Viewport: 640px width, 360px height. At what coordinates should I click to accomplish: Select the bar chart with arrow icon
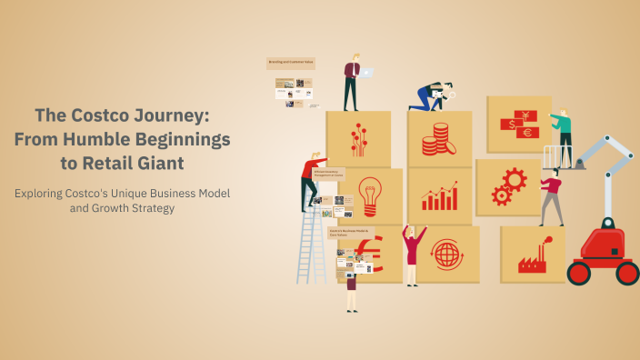[x=439, y=195]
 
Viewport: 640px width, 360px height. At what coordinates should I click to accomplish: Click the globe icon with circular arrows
[x=446, y=254]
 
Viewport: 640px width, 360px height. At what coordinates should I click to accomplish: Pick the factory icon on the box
[x=532, y=258]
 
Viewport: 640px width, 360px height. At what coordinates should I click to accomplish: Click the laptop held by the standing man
[x=365, y=73]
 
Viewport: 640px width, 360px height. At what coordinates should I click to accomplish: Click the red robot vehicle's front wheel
[x=578, y=273]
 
